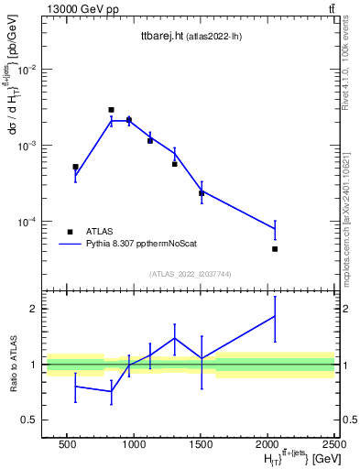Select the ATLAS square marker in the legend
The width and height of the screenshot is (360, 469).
70,232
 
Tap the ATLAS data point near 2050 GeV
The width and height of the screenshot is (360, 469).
274,249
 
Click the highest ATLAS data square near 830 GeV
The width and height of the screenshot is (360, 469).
111,110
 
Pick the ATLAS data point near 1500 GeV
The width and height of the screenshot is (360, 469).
202,192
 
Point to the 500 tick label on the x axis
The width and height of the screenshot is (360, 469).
67,444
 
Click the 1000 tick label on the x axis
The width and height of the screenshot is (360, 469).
133,444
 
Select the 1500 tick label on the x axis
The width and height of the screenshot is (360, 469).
200,444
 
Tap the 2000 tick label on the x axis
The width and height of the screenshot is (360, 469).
267,444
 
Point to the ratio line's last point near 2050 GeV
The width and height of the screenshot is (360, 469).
274,316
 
